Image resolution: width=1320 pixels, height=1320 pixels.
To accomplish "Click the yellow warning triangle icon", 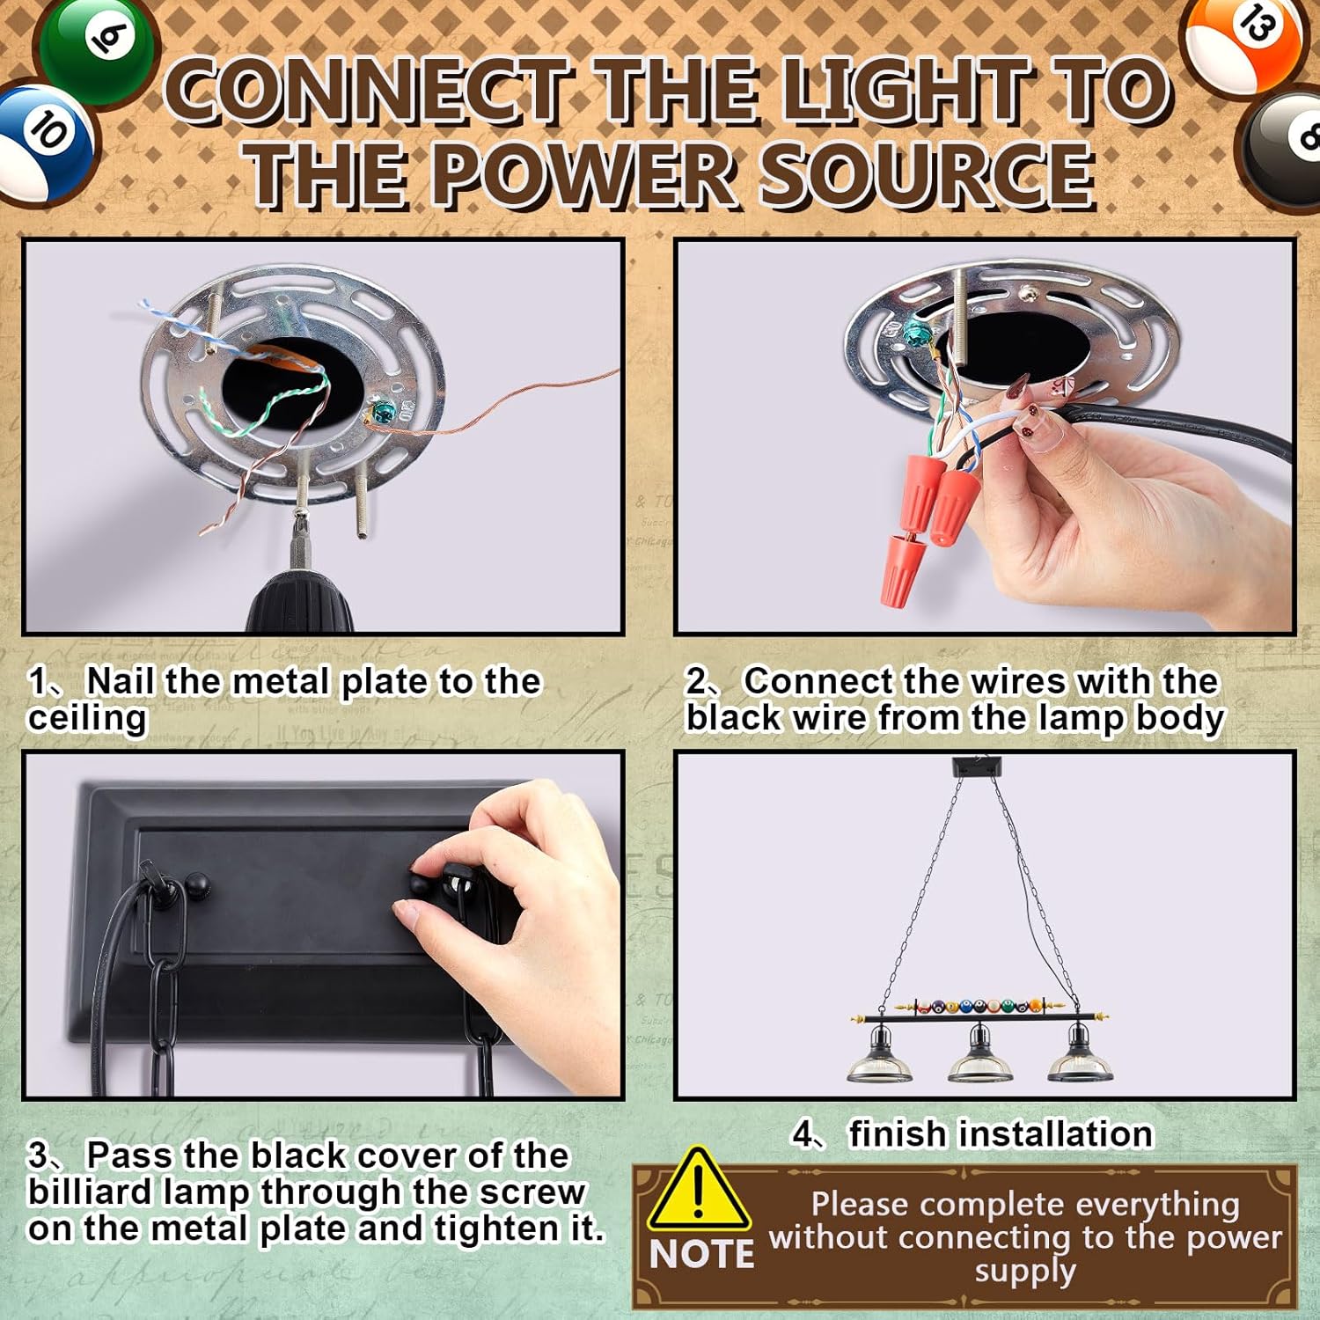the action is click(x=699, y=1189).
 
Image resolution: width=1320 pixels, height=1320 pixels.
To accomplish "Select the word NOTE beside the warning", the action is click(x=702, y=1254).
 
